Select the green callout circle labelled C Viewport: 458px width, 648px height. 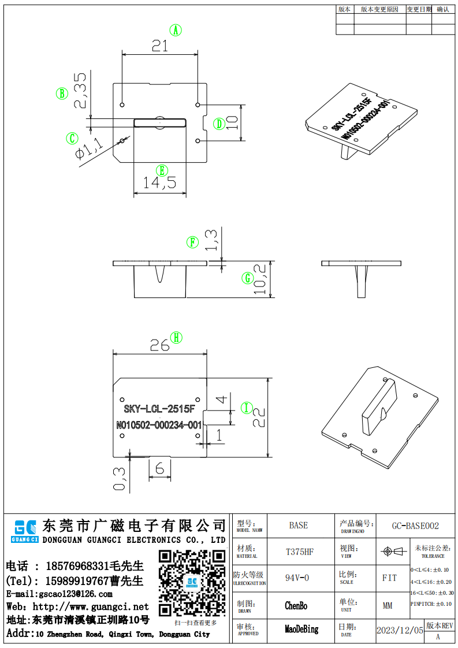click(x=72, y=139)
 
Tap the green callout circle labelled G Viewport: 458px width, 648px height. click(x=248, y=278)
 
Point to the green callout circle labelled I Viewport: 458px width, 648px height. click(x=247, y=408)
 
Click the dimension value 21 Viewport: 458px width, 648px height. click(x=159, y=45)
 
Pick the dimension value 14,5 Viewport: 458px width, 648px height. click(x=160, y=184)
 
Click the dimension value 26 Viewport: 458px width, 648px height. click(x=159, y=345)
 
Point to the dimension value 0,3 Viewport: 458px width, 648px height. click(x=120, y=478)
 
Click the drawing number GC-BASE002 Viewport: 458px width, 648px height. click(x=415, y=526)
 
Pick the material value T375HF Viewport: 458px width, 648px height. click(x=299, y=552)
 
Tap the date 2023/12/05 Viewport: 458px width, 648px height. click(x=400, y=630)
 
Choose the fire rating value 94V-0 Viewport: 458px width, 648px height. click(x=297, y=578)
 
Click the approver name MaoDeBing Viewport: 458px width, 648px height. click(x=301, y=629)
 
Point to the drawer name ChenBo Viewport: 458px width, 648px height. click(x=296, y=605)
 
